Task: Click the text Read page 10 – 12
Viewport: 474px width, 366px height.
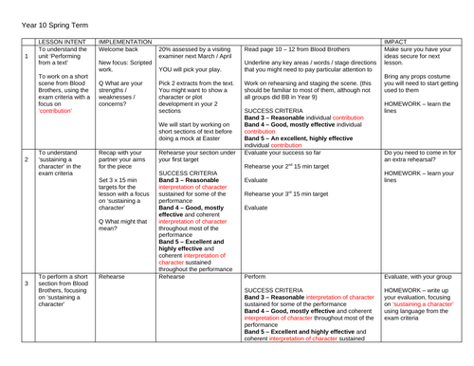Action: (284, 49)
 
